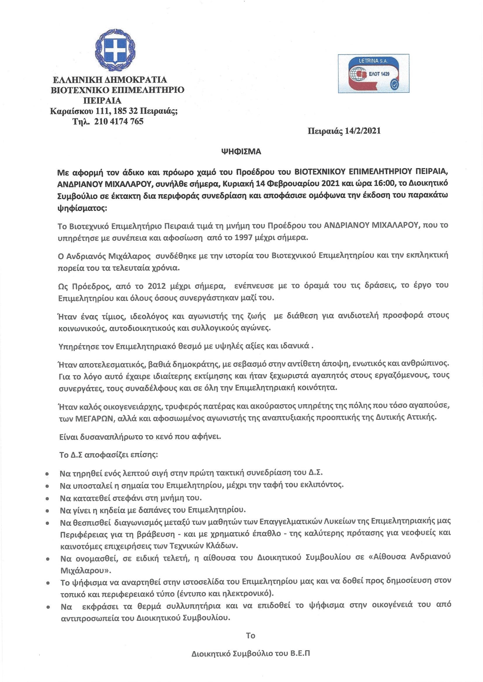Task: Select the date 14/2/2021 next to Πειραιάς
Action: coord(363,131)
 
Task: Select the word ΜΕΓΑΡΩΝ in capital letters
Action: coord(97,417)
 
